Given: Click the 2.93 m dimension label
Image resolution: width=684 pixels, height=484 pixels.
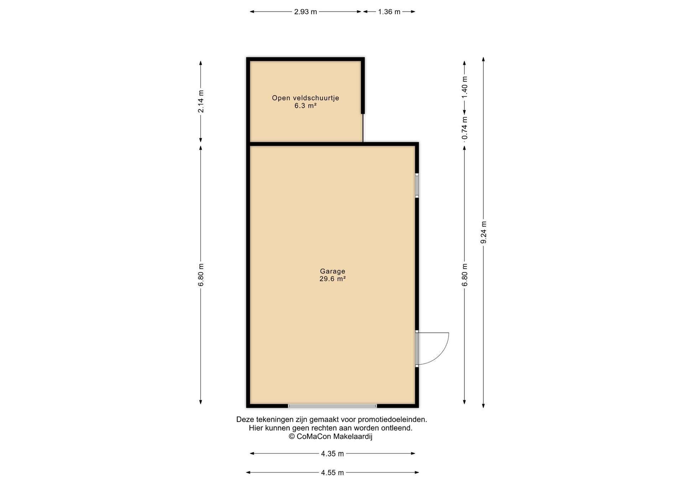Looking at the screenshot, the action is [305, 12].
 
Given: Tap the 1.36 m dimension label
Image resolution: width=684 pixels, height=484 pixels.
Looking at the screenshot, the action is [389, 12].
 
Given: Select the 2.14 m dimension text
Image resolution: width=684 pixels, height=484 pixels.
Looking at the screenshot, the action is [201, 101].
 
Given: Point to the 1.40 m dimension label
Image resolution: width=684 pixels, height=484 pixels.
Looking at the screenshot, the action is [465, 88].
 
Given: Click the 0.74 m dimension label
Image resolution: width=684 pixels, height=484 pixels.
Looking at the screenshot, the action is [465, 128].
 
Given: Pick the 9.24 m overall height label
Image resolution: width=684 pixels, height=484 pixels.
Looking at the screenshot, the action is [483, 232].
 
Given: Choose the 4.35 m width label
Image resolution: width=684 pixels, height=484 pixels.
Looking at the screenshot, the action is [332, 454].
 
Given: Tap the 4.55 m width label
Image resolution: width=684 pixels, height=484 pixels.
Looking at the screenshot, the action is [332, 473].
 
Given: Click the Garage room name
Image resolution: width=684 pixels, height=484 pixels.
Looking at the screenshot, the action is [332, 271].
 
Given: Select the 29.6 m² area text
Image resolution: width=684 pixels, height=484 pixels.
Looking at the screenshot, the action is [332, 279].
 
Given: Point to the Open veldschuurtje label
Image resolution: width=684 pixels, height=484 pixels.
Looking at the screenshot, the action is [305, 98].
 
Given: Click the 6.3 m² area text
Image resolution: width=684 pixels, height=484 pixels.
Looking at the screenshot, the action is [305, 105].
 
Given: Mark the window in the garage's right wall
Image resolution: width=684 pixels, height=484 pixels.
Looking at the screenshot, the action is [417, 185].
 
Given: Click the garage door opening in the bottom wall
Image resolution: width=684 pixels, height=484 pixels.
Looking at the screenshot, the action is [332, 406].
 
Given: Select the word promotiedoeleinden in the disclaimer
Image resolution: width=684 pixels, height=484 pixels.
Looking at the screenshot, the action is [392, 419].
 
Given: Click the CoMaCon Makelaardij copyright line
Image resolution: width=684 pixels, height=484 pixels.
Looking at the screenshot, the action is [330, 437].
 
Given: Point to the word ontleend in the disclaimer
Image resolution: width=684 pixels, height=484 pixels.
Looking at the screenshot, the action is [397, 428].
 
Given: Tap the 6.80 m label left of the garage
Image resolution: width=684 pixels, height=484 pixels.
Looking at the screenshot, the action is [201, 275].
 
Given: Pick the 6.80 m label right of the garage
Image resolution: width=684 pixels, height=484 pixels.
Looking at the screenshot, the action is [465, 275].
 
